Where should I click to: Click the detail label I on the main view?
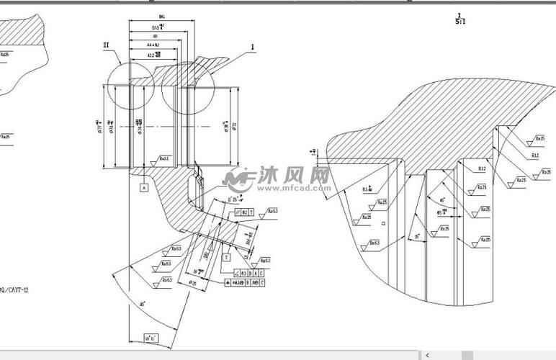[253, 48]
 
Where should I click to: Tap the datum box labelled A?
[143, 187]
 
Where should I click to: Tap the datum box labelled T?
[227, 256]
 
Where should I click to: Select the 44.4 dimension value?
[153, 45]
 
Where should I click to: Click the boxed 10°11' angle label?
[151, 338]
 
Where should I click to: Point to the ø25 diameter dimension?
[193, 283]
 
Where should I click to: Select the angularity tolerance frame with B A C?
[249, 273]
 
